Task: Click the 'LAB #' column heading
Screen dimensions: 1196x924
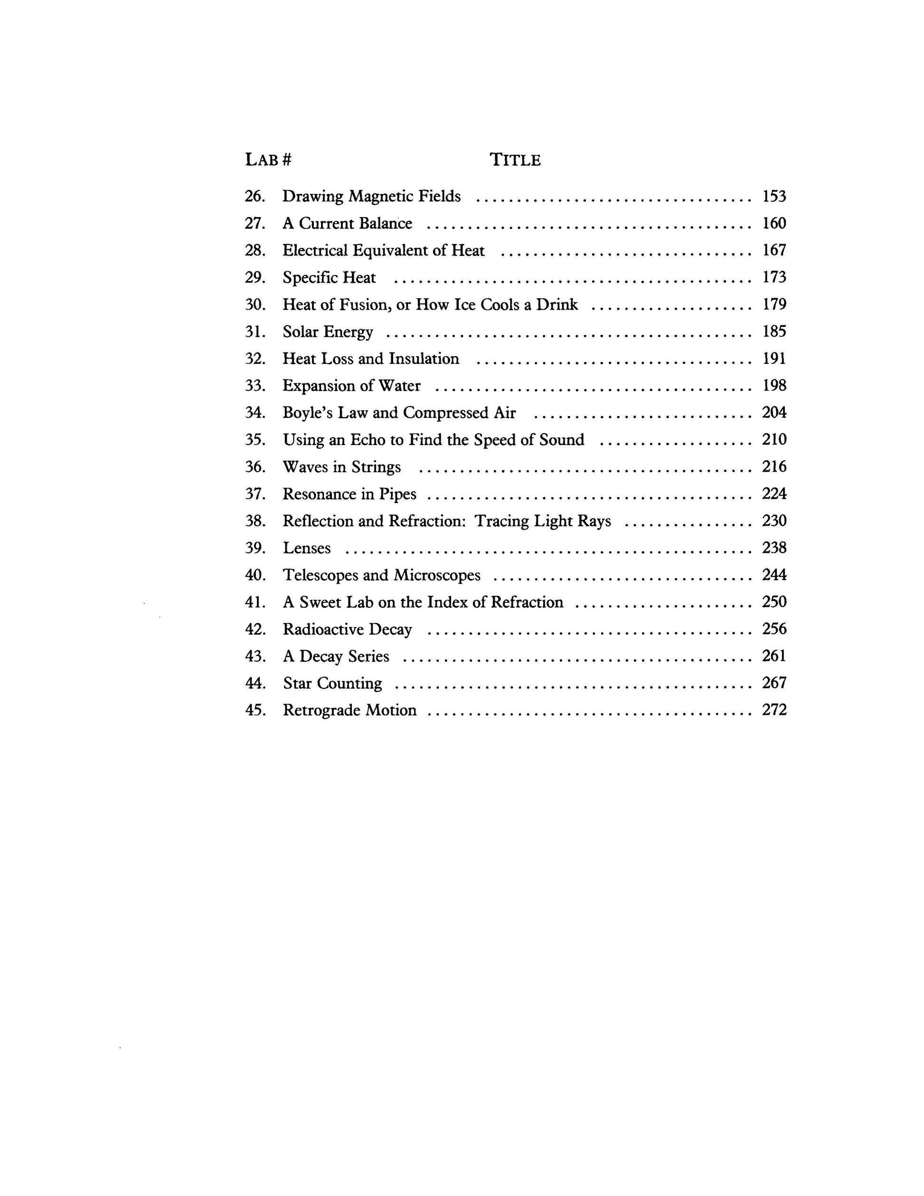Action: coord(268,160)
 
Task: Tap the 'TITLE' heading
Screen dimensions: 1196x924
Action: coord(515,160)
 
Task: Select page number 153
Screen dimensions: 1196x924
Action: coord(774,196)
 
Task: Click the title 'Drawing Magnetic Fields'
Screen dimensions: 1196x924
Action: coord(371,196)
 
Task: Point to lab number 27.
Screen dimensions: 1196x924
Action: coord(255,223)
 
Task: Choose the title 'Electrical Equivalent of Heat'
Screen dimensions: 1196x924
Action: coord(383,250)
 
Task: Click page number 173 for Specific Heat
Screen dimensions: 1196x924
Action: coord(774,277)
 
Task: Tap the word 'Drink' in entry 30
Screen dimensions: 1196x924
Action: coord(556,304)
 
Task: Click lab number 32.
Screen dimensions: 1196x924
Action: coord(255,359)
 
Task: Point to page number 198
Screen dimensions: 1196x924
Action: coord(774,386)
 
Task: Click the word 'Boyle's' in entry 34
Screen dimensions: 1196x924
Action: coord(307,412)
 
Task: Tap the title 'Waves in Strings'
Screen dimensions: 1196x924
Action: coord(341,467)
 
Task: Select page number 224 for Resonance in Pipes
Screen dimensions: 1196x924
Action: coord(774,494)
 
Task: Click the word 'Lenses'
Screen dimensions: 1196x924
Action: coord(307,548)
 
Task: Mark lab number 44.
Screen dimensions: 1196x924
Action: coord(255,683)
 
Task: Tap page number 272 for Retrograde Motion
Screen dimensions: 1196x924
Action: coord(774,710)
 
